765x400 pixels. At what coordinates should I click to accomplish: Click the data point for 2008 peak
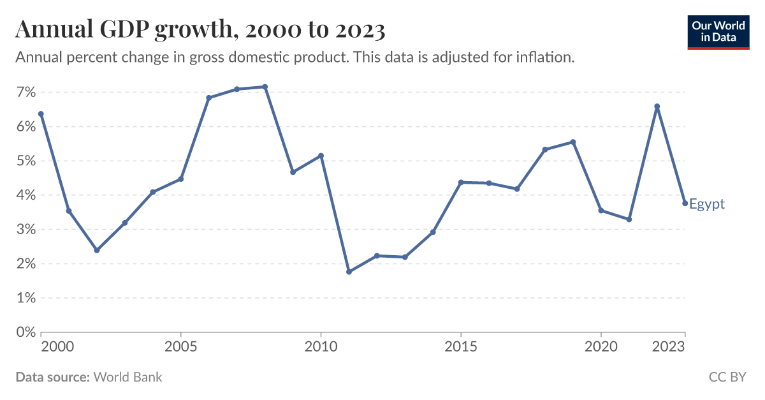pyautogui.click(x=265, y=87)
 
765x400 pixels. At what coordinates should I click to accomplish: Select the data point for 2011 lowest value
pyautogui.click(x=349, y=272)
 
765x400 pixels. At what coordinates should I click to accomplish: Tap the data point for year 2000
pyautogui.click(x=41, y=114)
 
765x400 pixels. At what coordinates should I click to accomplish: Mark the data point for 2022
pyautogui.click(x=657, y=107)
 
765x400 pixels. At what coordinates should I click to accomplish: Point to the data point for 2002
pyautogui.click(x=97, y=250)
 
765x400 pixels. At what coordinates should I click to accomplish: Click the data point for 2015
pyautogui.click(x=461, y=182)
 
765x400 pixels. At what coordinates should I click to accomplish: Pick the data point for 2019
pyautogui.click(x=573, y=142)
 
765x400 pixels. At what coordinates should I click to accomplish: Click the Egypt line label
pyautogui.click(x=707, y=204)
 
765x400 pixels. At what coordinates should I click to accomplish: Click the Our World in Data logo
pyautogui.click(x=718, y=30)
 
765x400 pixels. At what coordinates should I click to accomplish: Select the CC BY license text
pyautogui.click(x=727, y=377)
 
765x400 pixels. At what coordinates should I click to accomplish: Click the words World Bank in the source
pyautogui.click(x=127, y=377)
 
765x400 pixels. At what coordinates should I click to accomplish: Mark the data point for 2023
pyautogui.click(x=685, y=204)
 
